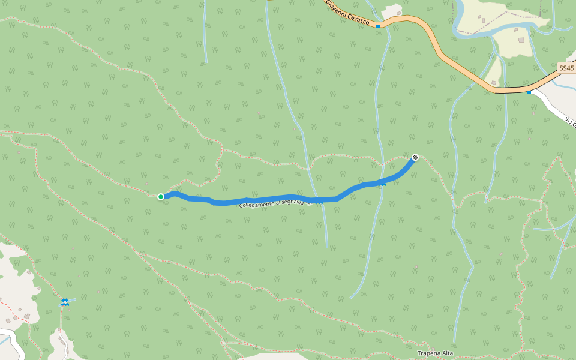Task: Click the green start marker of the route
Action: coord(161,197)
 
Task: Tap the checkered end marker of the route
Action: coord(415,157)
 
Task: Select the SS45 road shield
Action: coord(566,68)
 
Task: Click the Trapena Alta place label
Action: coord(436,353)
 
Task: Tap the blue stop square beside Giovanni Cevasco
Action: coord(378,26)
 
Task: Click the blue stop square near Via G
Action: coord(529,92)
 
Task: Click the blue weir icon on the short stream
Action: coord(64,302)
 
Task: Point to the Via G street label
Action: coord(571,122)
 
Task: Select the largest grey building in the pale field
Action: coord(521,40)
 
